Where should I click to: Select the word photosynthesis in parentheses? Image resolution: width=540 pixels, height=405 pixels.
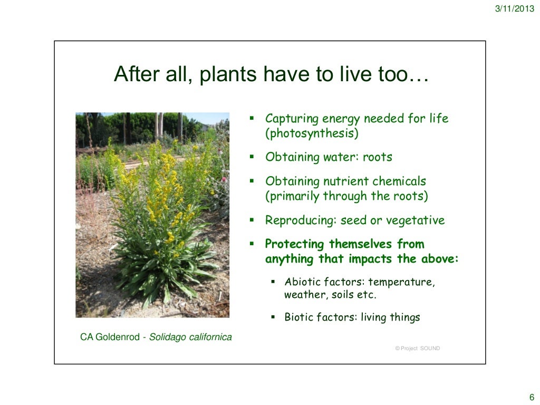pos(312,133)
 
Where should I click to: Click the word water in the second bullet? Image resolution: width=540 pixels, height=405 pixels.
pos(341,157)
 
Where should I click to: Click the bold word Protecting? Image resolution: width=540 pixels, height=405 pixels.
pos(295,244)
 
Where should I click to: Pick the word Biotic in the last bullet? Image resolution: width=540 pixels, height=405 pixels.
pos(299,317)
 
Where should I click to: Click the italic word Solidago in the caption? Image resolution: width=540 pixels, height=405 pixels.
pos(167,337)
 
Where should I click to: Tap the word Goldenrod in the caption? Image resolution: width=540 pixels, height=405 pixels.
pos(118,337)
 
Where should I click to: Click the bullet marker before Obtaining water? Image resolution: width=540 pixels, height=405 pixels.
pos(252,157)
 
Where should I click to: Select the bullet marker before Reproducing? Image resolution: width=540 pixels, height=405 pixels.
pos(252,220)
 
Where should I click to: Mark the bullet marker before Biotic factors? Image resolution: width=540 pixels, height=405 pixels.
pos(273,317)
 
